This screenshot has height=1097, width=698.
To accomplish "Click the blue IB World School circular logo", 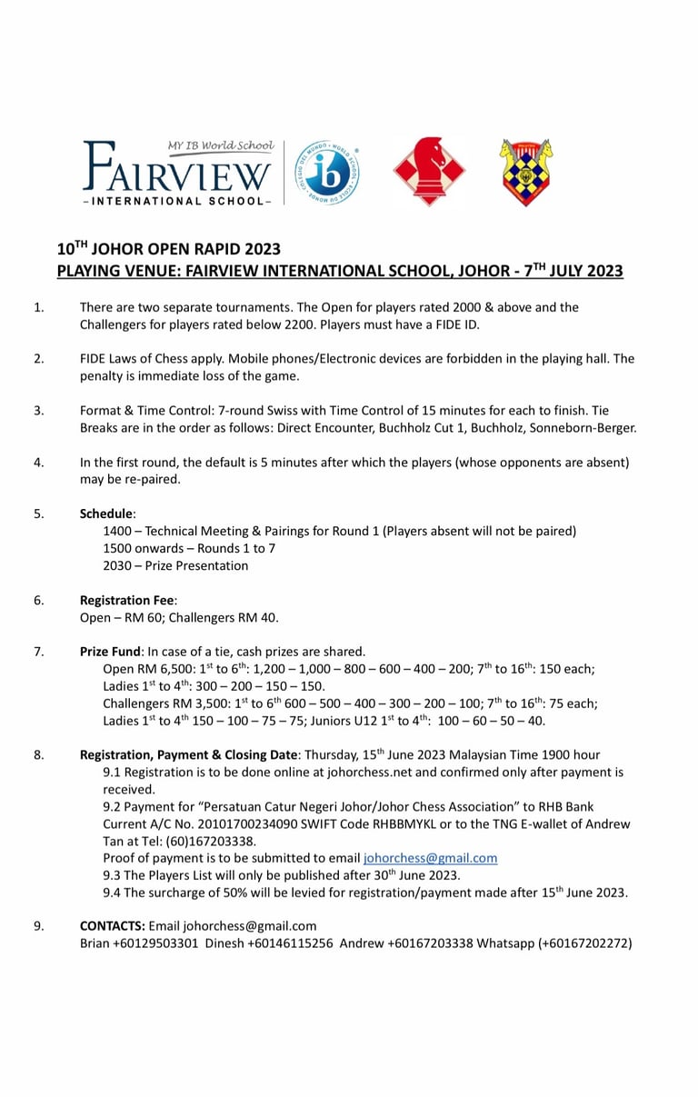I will point(328,172).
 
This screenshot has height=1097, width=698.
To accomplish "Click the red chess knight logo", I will point(429,172).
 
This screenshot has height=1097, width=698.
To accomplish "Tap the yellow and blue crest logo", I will point(526,172).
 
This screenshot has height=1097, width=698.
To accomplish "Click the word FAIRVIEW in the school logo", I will point(178,170).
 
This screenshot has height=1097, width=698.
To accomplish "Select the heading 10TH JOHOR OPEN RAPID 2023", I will point(169,249).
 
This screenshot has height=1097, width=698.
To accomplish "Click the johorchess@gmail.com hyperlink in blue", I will point(430,858).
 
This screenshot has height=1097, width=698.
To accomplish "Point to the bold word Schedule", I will point(107,514).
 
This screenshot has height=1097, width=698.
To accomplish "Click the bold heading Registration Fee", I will point(128,600).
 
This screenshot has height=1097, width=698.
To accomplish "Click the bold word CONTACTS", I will point(113,926).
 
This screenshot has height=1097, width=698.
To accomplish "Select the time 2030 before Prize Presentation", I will point(119,565).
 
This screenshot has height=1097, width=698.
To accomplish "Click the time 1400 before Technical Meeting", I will point(119,531).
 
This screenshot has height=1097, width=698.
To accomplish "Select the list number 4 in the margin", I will point(39,462).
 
